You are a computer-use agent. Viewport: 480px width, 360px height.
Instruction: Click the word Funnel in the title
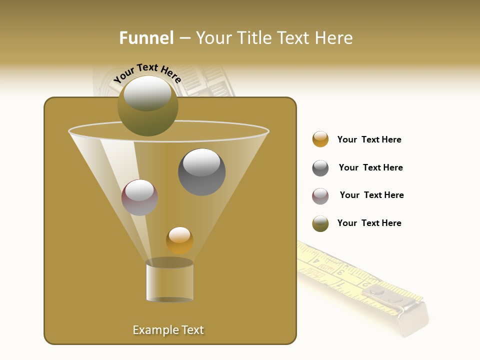(146, 38)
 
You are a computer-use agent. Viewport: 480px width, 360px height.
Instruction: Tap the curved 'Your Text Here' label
(147, 73)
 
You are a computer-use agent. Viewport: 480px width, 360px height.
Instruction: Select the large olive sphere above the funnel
(148, 106)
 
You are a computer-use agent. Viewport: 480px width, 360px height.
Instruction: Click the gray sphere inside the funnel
(201, 172)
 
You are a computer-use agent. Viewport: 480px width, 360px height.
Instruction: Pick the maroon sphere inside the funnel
(139, 197)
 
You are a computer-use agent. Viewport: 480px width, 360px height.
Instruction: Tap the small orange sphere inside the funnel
(179, 240)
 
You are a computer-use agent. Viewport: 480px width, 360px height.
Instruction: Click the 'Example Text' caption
(168, 330)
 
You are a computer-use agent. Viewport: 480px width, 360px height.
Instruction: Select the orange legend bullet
(320, 139)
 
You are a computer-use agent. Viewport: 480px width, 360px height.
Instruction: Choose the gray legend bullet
(320, 168)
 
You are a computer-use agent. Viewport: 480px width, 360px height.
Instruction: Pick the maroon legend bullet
(320, 195)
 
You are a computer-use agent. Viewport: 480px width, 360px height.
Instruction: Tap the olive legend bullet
(320, 223)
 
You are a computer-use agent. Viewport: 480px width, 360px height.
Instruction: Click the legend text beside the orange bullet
(369, 139)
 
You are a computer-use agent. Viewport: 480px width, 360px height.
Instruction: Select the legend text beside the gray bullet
(370, 167)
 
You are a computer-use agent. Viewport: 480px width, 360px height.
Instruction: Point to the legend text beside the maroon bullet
(371, 195)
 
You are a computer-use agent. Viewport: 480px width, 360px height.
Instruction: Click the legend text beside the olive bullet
(369, 223)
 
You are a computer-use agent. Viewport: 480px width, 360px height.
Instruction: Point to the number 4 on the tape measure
(316, 260)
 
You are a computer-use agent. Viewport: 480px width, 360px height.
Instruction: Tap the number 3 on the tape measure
(340, 272)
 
